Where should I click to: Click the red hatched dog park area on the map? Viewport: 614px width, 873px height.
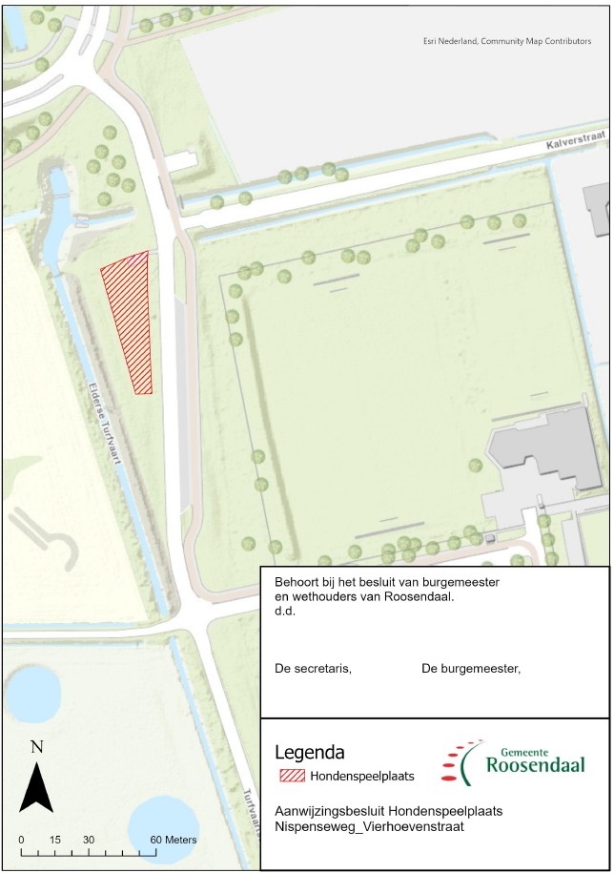(128, 320)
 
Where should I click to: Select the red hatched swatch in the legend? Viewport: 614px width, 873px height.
(292, 775)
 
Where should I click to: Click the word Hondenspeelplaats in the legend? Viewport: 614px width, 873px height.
(361, 776)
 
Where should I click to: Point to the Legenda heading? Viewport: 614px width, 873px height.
(309, 752)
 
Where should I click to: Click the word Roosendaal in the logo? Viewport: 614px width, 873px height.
(531, 765)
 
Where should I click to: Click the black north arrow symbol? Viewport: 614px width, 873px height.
(36, 787)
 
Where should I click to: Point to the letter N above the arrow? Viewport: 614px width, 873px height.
(36, 747)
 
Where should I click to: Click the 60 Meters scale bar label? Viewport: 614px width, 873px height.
(174, 840)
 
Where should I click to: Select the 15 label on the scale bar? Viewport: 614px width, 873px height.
(54, 840)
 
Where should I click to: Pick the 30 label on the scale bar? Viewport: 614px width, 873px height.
(89, 840)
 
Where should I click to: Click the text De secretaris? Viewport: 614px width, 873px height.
(313, 669)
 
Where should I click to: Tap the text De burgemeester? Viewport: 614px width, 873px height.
(471, 669)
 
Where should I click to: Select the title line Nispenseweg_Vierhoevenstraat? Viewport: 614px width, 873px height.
(369, 827)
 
